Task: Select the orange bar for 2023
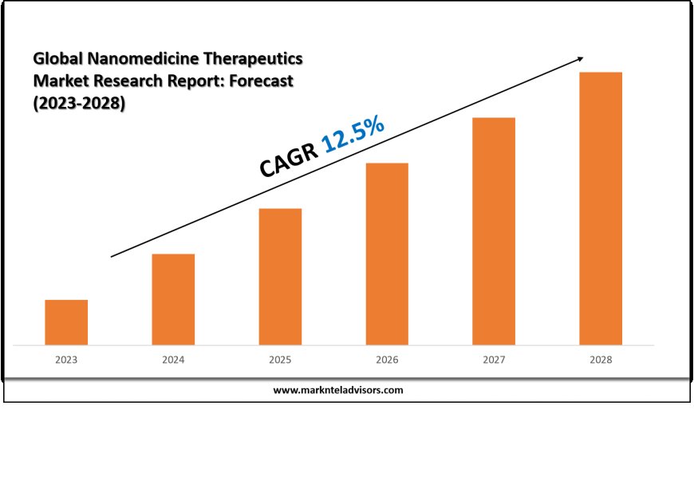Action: [x=66, y=322]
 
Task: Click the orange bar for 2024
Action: [x=173, y=299]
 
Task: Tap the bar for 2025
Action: [x=280, y=277]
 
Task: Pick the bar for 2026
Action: [x=387, y=254]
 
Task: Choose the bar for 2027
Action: [x=494, y=231]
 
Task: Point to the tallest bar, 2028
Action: [x=601, y=208]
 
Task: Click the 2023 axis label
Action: [x=66, y=360]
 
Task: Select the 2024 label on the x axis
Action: [x=173, y=360]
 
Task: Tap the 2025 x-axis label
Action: [x=280, y=360]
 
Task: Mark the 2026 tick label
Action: [x=387, y=360]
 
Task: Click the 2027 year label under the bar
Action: [x=494, y=360]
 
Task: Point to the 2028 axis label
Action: [x=601, y=360]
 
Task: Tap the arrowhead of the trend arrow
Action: [x=580, y=58]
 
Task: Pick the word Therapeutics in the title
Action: [x=255, y=59]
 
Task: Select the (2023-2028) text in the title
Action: [x=79, y=104]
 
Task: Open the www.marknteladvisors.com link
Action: [x=338, y=391]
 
